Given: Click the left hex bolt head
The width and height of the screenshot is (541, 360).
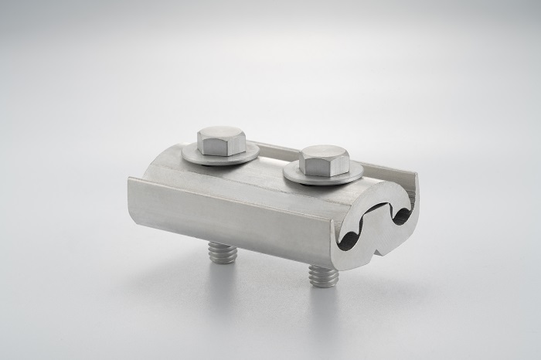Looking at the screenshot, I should point(221,141).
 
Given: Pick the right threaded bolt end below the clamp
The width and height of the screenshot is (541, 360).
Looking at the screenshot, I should point(322,274).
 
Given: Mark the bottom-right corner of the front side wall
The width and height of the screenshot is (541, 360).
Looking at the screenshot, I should point(332,267).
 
